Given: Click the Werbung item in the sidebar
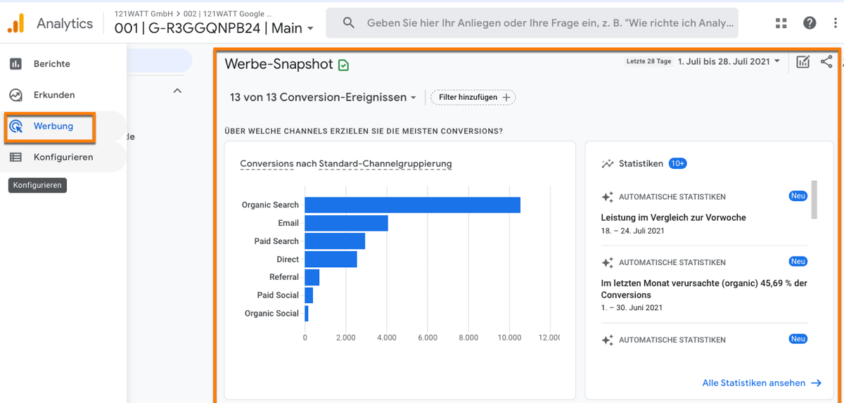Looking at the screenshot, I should click(x=53, y=127).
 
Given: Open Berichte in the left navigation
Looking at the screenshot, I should click(x=51, y=64).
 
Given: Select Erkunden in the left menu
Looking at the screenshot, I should click(x=53, y=95).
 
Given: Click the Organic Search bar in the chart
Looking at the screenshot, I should click(x=412, y=205).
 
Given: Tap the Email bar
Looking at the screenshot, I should click(x=346, y=223).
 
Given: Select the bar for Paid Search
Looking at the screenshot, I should click(x=335, y=241).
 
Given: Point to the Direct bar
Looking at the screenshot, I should click(x=331, y=260).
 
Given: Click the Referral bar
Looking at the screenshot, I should click(x=312, y=277).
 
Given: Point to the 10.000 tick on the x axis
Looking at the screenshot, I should click(x=509, y=338).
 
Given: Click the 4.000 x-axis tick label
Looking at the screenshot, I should click(x=386, y=338).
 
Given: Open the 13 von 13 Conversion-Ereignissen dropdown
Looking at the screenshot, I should click(x=323, y=98).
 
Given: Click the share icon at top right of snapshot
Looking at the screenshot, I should click(x=826, y=62).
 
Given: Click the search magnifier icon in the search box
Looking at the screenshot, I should click(x=349, y=23).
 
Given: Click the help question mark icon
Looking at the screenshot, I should click(x=810, y=23).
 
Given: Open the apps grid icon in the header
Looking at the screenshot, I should click(x=781, y=23).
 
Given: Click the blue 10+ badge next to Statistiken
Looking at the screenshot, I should click(x=677, y=164).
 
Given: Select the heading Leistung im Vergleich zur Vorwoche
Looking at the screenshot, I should click(x=673, y=218).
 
